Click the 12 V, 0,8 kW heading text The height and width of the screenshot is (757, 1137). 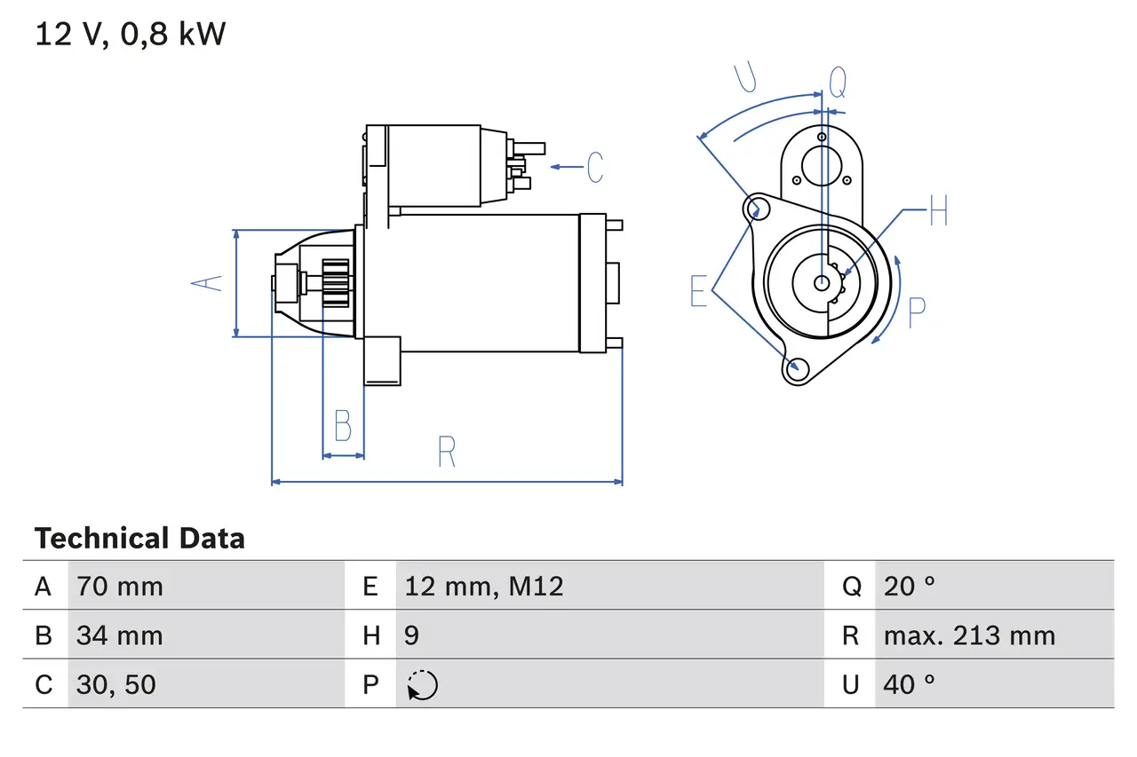(x=131, y=35)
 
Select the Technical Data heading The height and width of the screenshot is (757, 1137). (x=139, y=539)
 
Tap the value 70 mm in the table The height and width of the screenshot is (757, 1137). (x=120, y=586)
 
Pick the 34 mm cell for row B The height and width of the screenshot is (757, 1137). (x=120, y=635)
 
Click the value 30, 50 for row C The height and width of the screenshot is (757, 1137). (x=116, y=684)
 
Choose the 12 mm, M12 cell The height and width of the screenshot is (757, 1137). (x=484, y=586)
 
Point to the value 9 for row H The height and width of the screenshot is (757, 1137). (x=412, y=635)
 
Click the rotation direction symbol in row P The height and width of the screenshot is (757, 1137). (x=423, y=685)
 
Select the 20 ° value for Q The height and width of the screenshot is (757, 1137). (x=910, y=586)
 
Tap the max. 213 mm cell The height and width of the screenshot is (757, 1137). (x=969, y=635)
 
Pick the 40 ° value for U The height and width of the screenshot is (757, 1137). (x=910, y=684)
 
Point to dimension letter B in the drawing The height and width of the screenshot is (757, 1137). (x=343, y=427)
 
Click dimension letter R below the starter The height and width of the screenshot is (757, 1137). (x=447, y=453)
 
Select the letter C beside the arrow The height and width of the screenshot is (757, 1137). (x=594, y=167)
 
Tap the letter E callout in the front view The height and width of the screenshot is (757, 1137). (x=699, y=291)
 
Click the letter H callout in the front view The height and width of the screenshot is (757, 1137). (x=938, y=212)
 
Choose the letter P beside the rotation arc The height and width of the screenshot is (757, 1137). (x=917, y=311)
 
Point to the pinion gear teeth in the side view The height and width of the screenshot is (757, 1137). (x=336, y=283)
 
